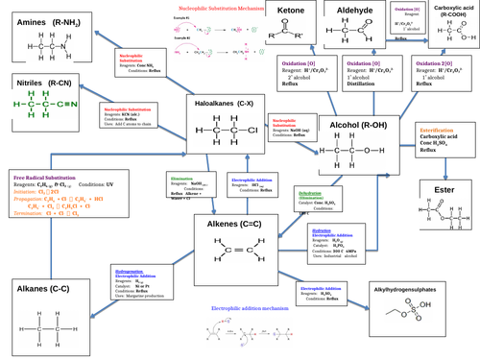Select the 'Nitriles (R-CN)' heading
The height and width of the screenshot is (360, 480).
(48, 84)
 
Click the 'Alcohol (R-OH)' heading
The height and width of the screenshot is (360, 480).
(362, 125)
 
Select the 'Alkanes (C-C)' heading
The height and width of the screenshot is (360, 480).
(48, 288)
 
